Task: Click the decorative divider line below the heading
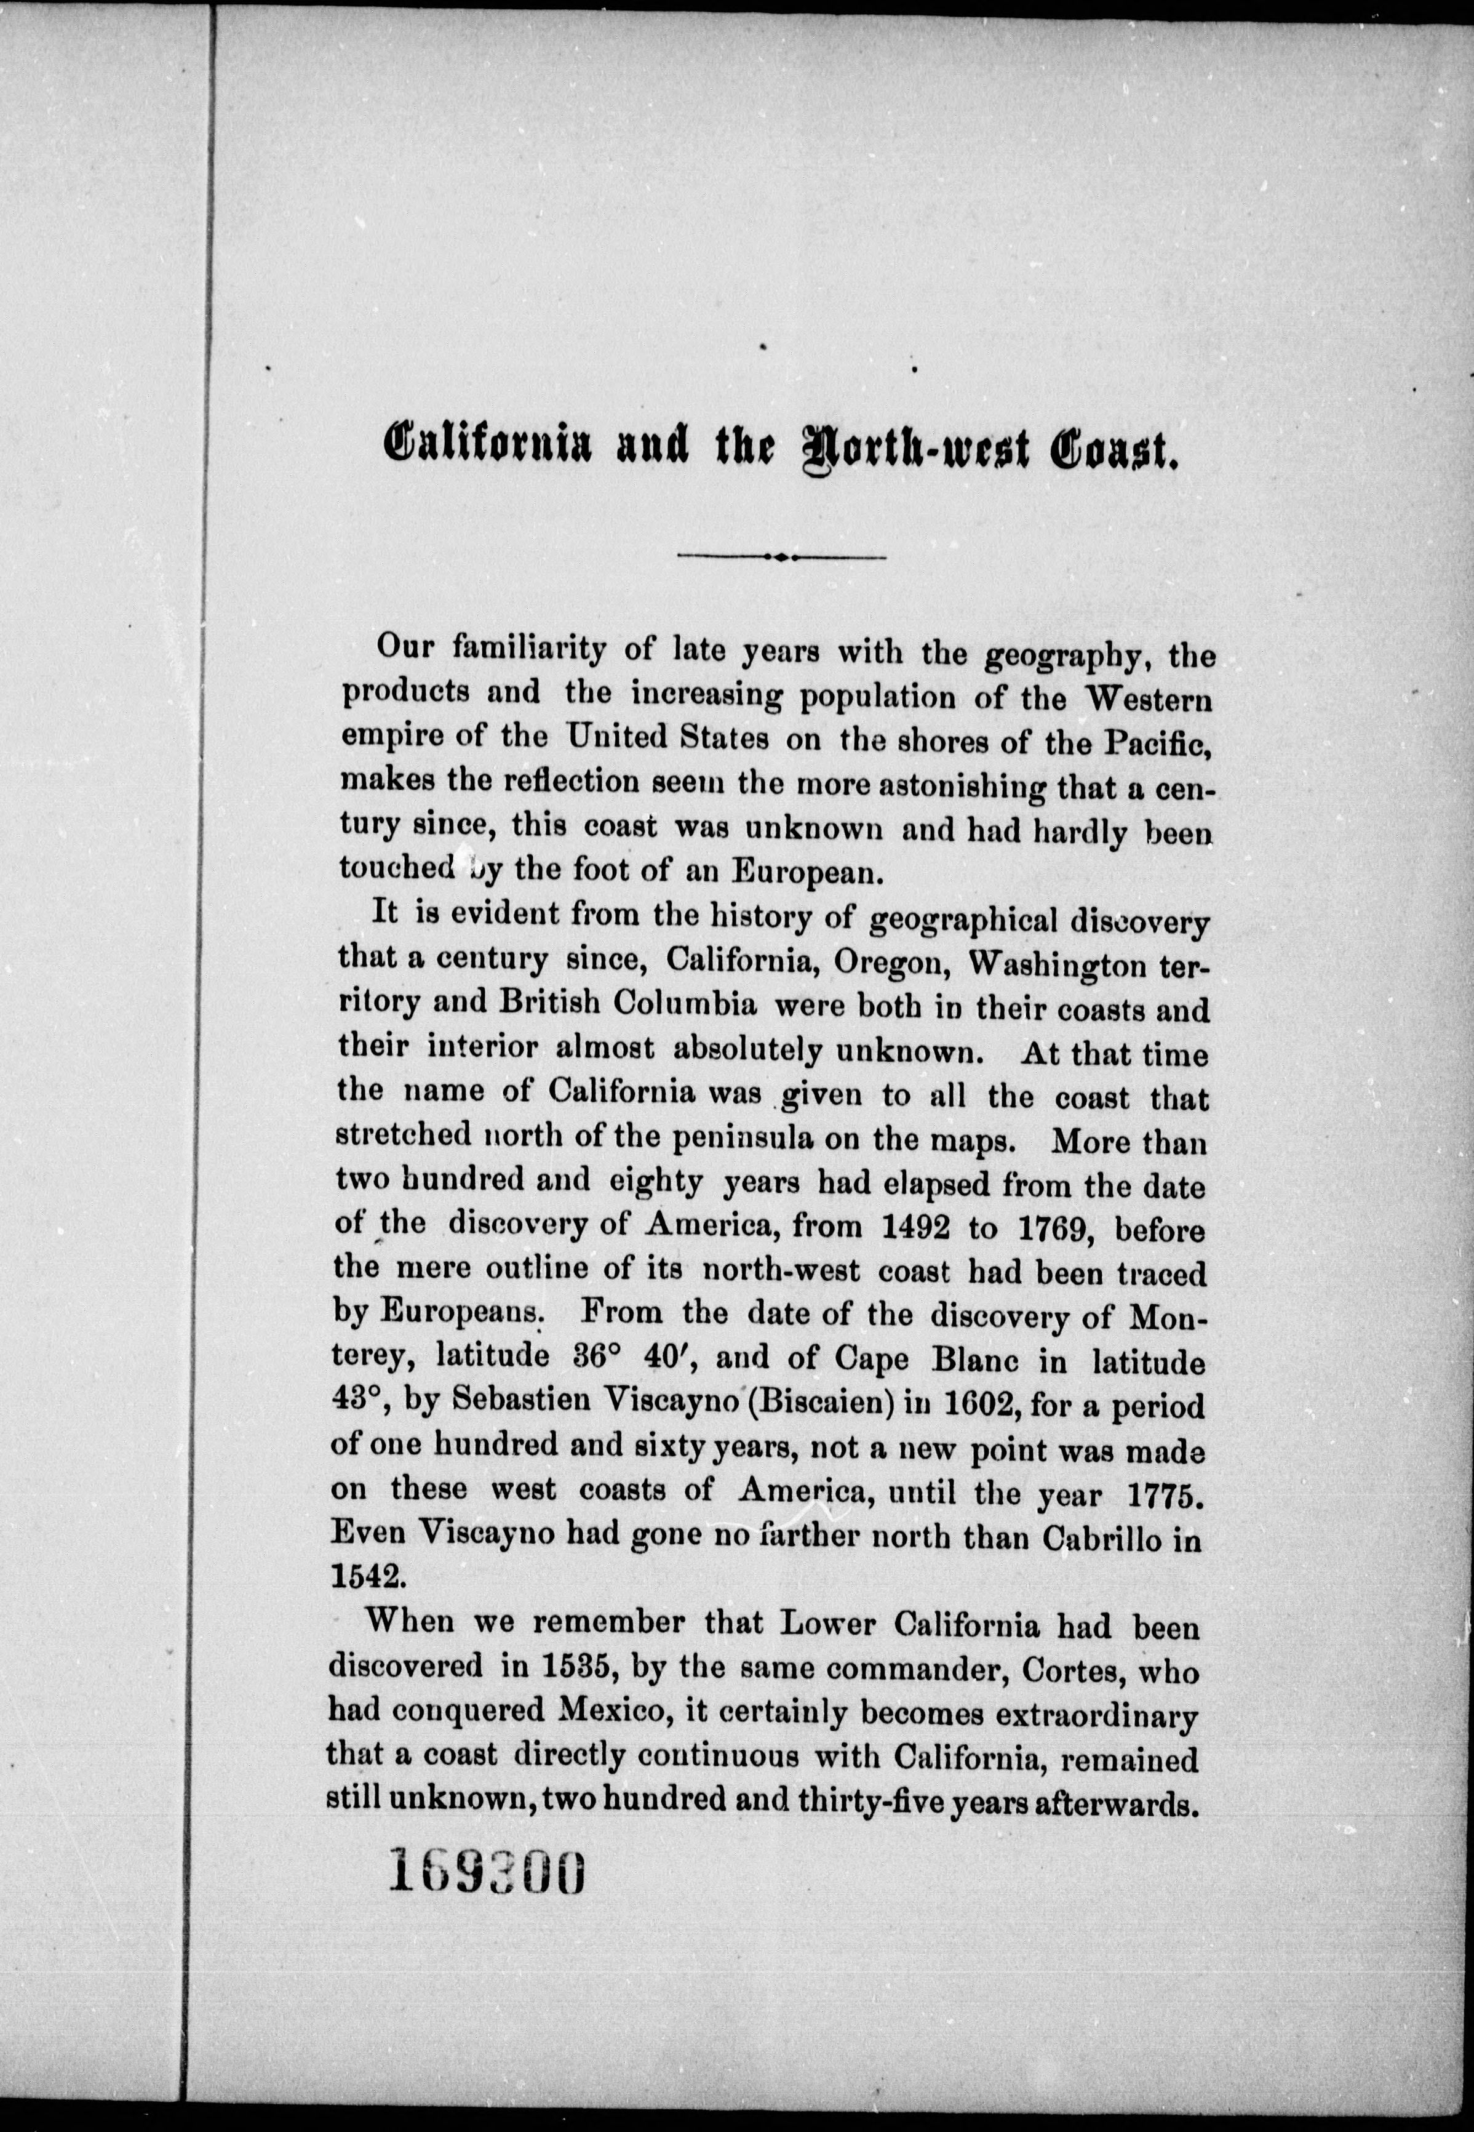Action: (781, 557)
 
